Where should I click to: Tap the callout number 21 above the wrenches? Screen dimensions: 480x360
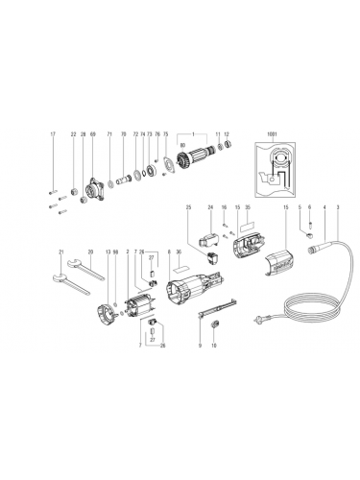click(60, 252)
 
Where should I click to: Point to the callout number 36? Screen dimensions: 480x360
click(180, 252)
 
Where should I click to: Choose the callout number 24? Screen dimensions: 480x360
click(210, 207)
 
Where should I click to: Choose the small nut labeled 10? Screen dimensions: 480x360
click(213, 336)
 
